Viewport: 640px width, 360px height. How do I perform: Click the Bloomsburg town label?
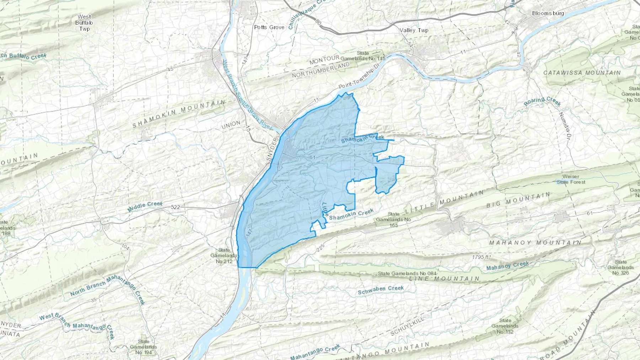click(548, 13)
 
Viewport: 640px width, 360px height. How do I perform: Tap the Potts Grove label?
click(269, 27)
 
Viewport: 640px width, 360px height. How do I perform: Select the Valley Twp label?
click(414, 30)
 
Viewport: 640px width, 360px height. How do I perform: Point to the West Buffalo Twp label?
click(84, 23)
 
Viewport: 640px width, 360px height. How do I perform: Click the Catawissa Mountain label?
click(582, 72)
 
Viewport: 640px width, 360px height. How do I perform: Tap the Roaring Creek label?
click(542, 101)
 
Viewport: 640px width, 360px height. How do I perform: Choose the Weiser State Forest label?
click(571, 179)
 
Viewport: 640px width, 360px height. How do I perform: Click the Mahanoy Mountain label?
click(535, 243)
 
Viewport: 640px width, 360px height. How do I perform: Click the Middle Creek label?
click(145, 206)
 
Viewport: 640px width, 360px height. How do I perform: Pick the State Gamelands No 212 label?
click(221, 256)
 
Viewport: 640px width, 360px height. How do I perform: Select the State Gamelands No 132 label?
click(505, 326)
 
